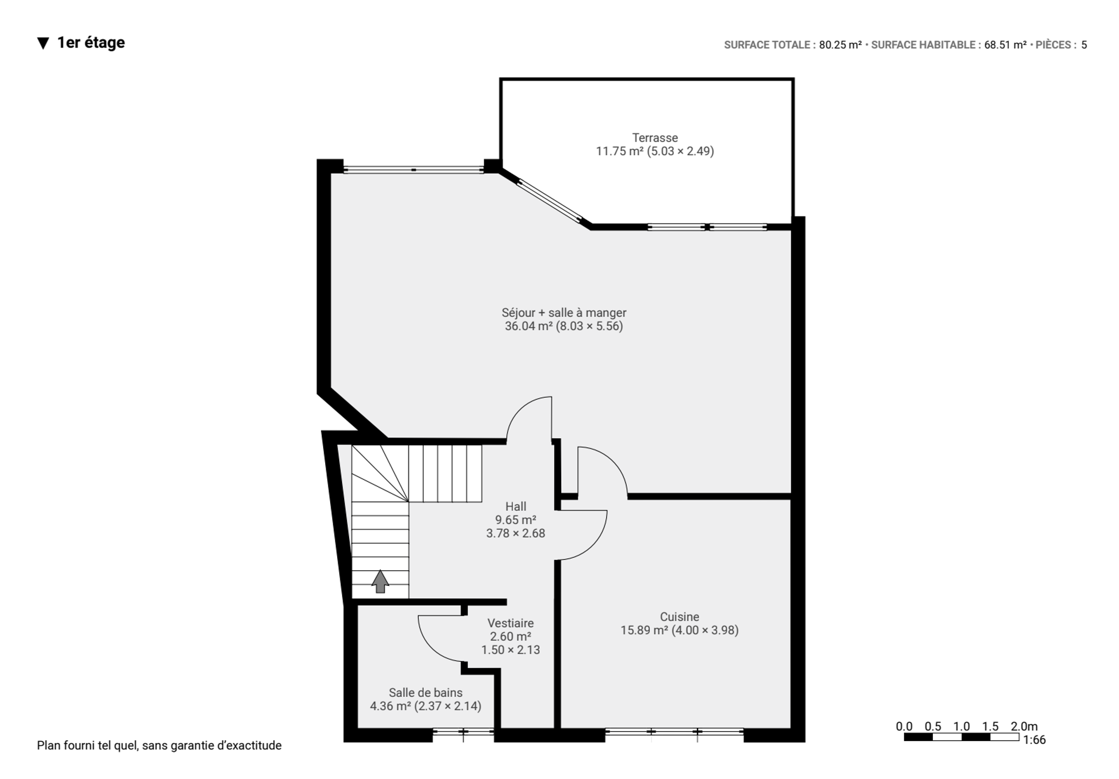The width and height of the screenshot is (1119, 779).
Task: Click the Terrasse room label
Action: pyautogui.click(x=655, y=138)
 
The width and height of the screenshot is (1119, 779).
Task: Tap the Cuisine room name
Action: pyautogui.click(x=679, y=617)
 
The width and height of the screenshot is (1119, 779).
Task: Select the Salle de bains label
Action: pyautogui.click(x=425, y=692)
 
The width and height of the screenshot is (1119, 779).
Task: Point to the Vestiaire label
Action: pyautogui.click(x=510, y=623)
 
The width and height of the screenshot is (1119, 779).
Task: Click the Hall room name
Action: pyautogui.click(x=516, y=506)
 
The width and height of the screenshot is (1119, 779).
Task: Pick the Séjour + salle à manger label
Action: pyautogui.click(x=564, y=313)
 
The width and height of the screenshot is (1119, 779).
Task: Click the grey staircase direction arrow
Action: pyautogui.click(x=380, y=581)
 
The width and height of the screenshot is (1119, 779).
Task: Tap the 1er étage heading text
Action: pyautogui.click(x=91, y=43)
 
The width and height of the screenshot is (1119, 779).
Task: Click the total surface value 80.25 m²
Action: pyautogui.click(x=840, y=45)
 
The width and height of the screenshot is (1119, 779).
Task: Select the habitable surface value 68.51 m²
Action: pyautogui.click(x=1005, y=45)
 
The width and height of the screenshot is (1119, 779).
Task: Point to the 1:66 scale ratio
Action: pyautogui.click(x=1034, y=740)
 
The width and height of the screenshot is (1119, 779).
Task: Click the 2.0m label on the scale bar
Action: pyautogui.click(x=1024, y=727)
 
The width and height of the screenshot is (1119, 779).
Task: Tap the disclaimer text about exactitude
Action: pyautogui.click(x=159, y=745)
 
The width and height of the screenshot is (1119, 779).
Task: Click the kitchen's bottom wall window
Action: pyautogui.click(x=674, y=732)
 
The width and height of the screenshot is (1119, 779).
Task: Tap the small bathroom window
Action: pyautogui.click(x=463, y=732)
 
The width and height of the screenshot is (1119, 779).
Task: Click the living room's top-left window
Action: pyautogui.click(x=413, y=170)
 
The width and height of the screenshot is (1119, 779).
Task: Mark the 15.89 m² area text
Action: pyautogui.click(x=644, y=630)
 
